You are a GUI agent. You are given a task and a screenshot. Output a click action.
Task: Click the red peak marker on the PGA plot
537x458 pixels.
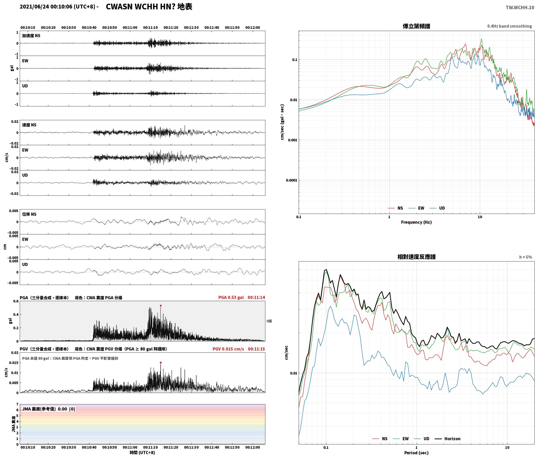(x=161, y=306)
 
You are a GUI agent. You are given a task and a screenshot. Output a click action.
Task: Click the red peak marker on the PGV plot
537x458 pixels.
(x=161, y=362)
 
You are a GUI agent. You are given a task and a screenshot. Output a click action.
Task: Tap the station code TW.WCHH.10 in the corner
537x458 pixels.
(x=520, y=8)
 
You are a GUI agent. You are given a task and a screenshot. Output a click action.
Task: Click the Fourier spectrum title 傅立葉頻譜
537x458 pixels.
(x=416, y=26)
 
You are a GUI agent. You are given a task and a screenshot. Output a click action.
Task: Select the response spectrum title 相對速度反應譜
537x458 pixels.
(x=416, y=257)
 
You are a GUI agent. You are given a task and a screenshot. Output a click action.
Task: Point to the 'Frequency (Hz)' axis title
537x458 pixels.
(x=416, y=222)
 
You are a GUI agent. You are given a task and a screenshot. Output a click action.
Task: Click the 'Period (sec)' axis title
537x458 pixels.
(x=416, y=453)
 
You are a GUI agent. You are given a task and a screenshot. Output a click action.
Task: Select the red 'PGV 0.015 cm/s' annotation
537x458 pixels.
(x=228, y=349)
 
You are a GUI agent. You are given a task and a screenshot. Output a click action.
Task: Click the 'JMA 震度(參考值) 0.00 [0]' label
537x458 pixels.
(x=49, y=409)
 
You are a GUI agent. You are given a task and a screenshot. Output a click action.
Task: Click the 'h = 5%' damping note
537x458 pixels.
(x=526, y=257)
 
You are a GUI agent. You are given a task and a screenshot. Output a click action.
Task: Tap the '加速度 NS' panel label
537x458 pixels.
(x=31, y=36)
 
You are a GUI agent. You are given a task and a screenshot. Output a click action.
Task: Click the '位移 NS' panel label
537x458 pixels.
(x=29, y=214)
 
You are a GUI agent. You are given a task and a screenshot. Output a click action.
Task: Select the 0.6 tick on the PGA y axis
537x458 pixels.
(x=16, y=301)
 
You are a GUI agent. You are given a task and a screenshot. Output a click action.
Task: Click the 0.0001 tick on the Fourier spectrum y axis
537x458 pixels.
(x=291, y=180)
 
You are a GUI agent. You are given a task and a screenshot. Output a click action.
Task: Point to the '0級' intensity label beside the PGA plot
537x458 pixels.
(x=269, y=321)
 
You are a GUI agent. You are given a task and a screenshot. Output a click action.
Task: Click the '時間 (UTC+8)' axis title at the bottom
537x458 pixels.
(x=142, y=453)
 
